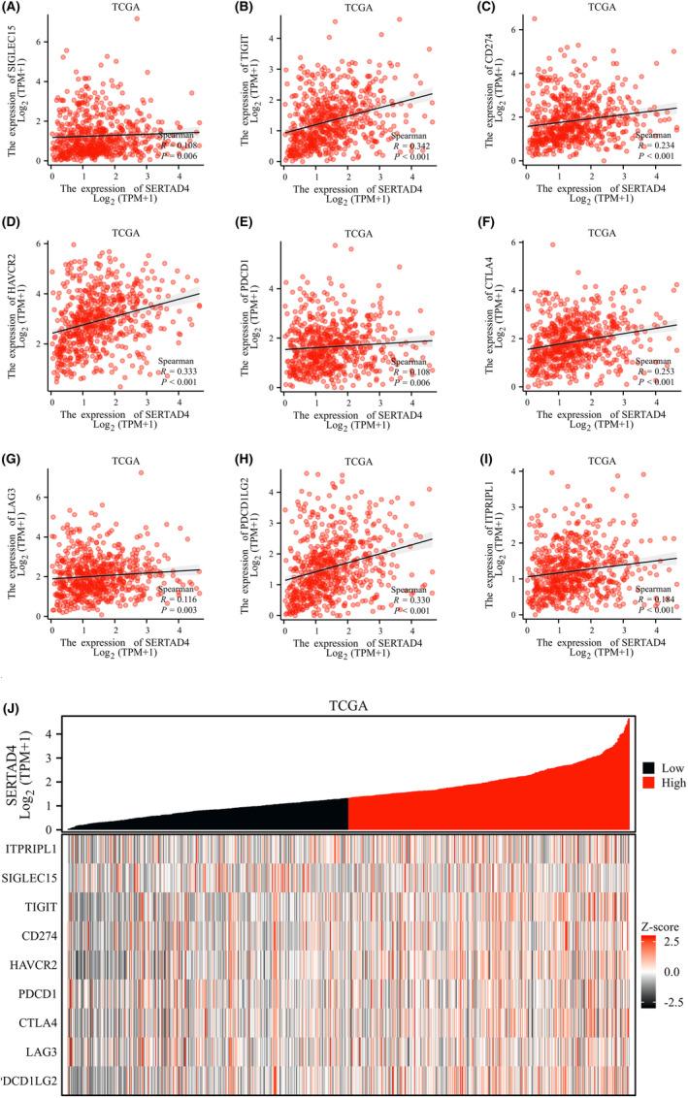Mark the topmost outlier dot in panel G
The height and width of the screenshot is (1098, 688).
click(141, 473)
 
